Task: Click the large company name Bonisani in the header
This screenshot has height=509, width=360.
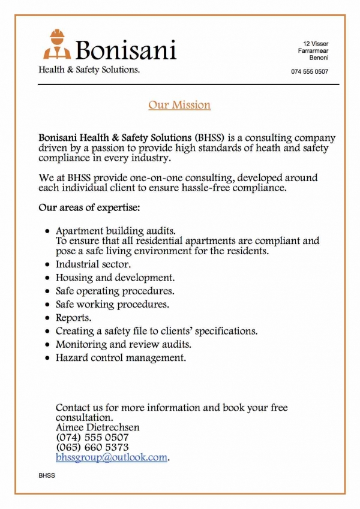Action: coord(126,49)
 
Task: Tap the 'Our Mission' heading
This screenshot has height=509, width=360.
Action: coord(179,105)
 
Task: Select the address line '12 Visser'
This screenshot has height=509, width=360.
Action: coord(316,44)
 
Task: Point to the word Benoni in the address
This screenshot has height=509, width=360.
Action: coord(319,58)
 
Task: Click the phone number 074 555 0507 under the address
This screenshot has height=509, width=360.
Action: coord(310,72)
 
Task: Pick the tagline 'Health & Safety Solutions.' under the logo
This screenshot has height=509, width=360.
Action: coord(89,70)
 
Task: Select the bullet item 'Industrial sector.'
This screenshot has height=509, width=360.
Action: coord(93,264)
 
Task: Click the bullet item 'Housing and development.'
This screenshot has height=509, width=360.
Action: coord(115,278)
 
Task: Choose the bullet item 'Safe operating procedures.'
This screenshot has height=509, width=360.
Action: coord(115,291)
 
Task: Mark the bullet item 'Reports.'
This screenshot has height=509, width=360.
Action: coord(74,317)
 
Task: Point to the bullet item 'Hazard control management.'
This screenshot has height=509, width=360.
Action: coord(121,358)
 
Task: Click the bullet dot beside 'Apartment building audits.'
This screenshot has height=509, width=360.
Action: coord(47,231)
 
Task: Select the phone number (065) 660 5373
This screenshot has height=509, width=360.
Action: coord(92,447)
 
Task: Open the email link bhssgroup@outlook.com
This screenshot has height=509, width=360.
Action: coord(111,457)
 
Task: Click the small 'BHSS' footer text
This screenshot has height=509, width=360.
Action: coord(46,475)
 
